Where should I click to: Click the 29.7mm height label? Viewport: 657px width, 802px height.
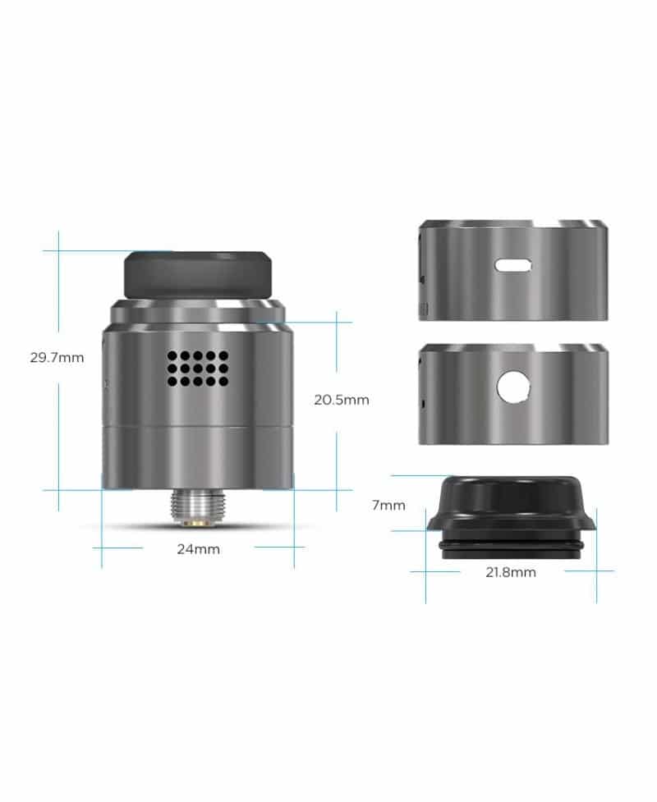point(56,358)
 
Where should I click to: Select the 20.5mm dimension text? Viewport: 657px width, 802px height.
point(342,401)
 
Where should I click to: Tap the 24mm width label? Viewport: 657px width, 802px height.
point(198,549)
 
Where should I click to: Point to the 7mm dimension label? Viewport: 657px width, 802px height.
point(388,506)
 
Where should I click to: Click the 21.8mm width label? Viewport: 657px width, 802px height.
point(510,572)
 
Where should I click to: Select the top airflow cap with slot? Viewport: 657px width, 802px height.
point(513,270)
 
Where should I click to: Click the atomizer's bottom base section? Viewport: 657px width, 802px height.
point(197,459)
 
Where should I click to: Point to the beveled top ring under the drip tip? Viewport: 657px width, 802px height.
point(197,313)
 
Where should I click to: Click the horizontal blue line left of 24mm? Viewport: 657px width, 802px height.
point(118,548)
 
